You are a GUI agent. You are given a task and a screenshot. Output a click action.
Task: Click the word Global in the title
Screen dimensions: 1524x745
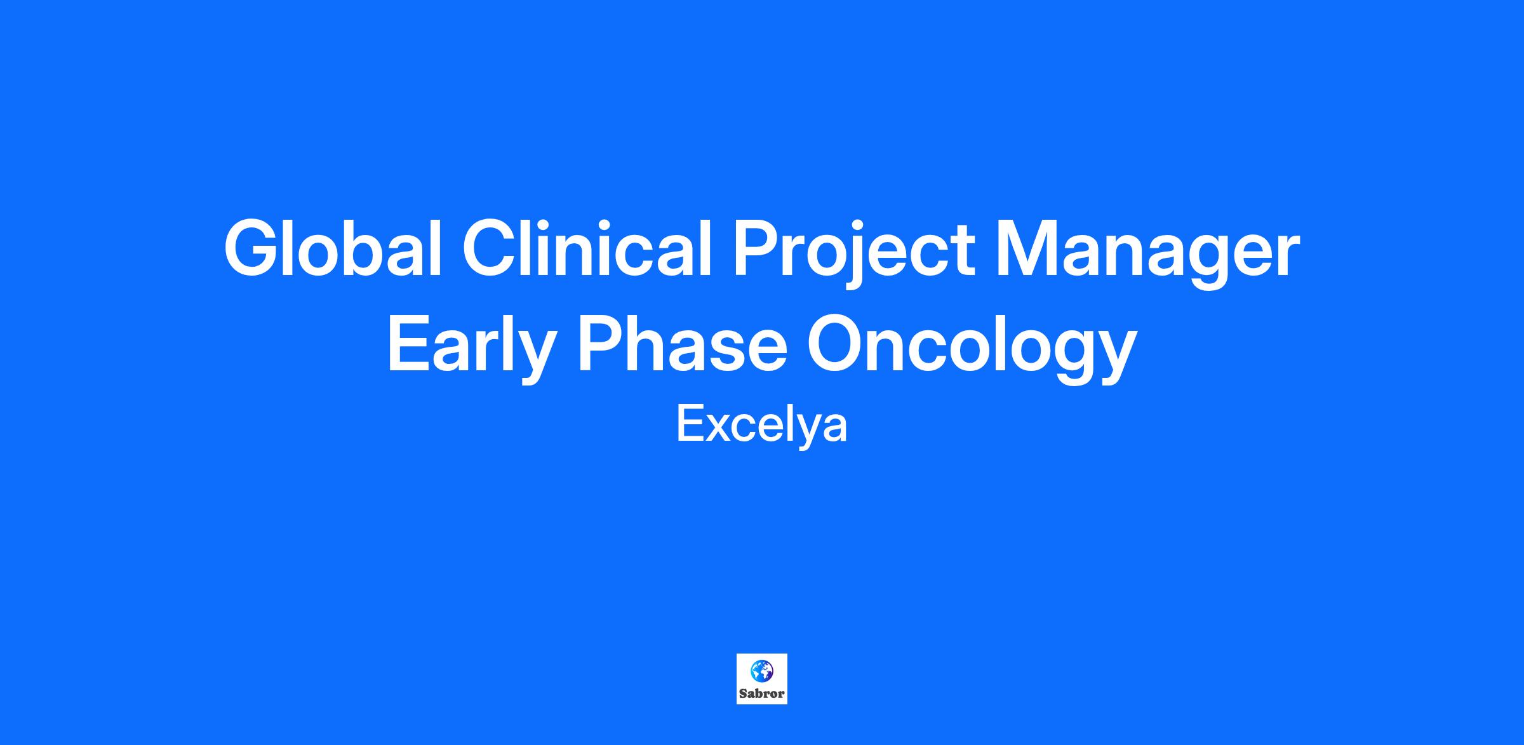coord(333,248)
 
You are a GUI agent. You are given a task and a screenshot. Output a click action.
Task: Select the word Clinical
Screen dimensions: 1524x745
coord(588,248)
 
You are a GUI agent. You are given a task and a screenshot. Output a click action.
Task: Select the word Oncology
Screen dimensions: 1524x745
coord(972,350)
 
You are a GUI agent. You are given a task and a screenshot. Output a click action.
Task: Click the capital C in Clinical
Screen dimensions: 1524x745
coord(491,248)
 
